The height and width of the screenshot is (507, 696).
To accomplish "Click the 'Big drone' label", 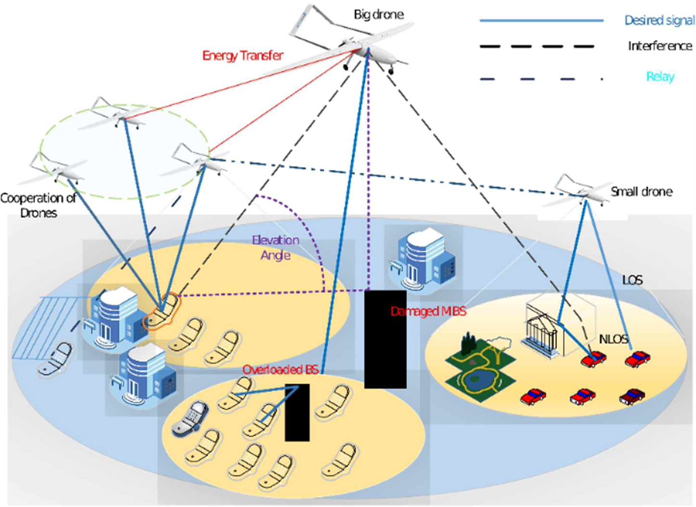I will (379, 14).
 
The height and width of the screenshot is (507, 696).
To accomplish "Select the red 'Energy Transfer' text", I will (242, 55).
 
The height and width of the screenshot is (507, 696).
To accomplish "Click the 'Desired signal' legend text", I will (659, 20).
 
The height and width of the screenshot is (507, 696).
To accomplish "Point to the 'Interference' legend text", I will (659, 46).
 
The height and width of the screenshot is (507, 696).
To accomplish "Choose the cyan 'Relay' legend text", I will (660, 76).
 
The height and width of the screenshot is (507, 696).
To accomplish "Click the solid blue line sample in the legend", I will (541, 21).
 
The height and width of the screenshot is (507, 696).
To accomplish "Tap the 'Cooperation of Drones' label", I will (38, 205).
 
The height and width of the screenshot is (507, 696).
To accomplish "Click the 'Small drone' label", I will (641, 191).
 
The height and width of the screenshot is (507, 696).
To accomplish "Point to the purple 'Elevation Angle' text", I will (276, 247).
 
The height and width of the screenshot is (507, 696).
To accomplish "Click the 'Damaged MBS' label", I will (428, 311).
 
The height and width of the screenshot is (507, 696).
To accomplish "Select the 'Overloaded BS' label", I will (280, 369).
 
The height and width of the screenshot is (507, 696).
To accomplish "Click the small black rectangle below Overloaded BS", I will (297, 413).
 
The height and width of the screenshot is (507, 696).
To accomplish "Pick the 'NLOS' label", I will (613, 339).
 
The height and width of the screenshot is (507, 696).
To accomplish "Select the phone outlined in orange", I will (163, 312).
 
